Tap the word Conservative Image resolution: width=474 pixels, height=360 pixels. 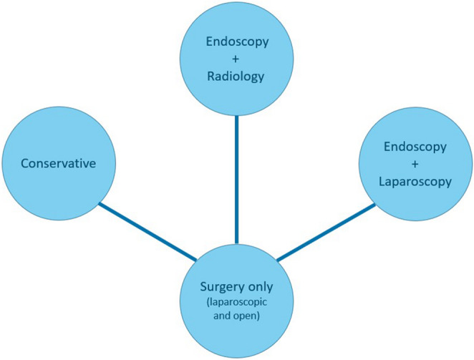(x=59, y=164)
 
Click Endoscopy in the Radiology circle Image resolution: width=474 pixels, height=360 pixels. (x=237, y=42)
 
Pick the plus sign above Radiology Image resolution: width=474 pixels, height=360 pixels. (x=237, y=59)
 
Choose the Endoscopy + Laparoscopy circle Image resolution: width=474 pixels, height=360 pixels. (x=415, y=165)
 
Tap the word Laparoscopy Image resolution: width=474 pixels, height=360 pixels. (x=416, y=182)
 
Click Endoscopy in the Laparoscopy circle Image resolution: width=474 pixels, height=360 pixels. (x=416, y=147)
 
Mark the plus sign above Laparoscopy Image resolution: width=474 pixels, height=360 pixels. (x=416, y=164)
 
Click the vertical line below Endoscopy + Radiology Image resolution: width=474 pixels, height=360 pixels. (x=237, y=179)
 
